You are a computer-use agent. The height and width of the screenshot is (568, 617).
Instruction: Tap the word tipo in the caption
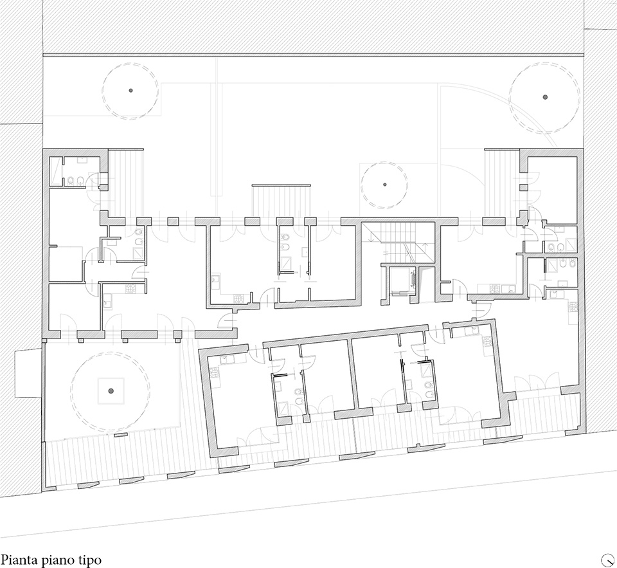(x=90, y=559)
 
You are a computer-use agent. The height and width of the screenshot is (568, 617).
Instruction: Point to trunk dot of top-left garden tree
(x=130, y=91)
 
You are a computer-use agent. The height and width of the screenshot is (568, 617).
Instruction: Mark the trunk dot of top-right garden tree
(x=544, y=97)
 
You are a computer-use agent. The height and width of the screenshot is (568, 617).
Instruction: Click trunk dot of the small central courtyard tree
(x=384, y=185)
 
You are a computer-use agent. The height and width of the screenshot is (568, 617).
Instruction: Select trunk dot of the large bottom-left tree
(x=111, y=390)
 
